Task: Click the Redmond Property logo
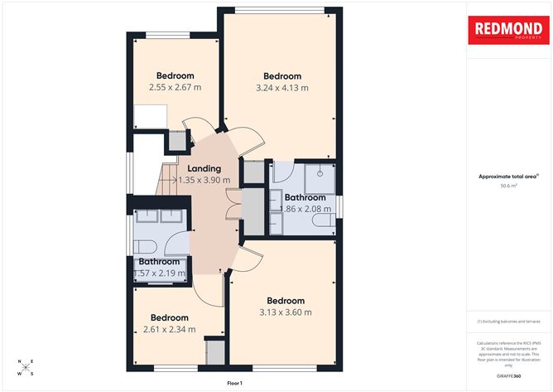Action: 508,31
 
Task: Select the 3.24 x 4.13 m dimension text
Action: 282,87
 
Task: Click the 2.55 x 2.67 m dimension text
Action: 176,87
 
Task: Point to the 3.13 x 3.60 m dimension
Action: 284,312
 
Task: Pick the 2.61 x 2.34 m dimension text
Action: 169,329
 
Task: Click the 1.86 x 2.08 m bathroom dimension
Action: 309,210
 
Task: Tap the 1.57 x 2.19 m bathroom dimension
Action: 160,273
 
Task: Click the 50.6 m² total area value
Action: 508,186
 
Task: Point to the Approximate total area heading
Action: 507,177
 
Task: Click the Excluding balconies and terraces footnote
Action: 508,322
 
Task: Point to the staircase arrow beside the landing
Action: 175,178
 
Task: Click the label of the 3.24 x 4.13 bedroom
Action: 282,75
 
